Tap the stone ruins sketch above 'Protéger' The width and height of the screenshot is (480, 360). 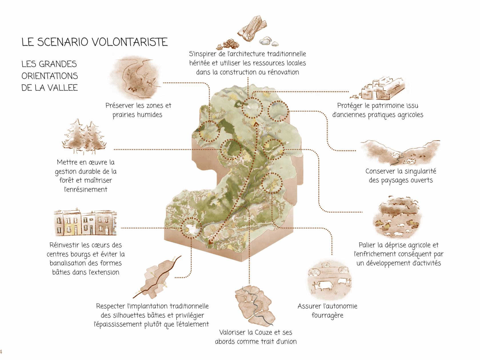pos(378,89)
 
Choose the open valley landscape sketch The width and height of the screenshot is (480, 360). pos(400,152)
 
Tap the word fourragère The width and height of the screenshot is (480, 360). pos(327,315)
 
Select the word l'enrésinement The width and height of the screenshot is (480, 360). pos(86,189)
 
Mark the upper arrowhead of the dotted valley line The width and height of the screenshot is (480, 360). pos(256,124)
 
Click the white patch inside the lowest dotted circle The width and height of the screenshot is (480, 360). pos(191,229)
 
